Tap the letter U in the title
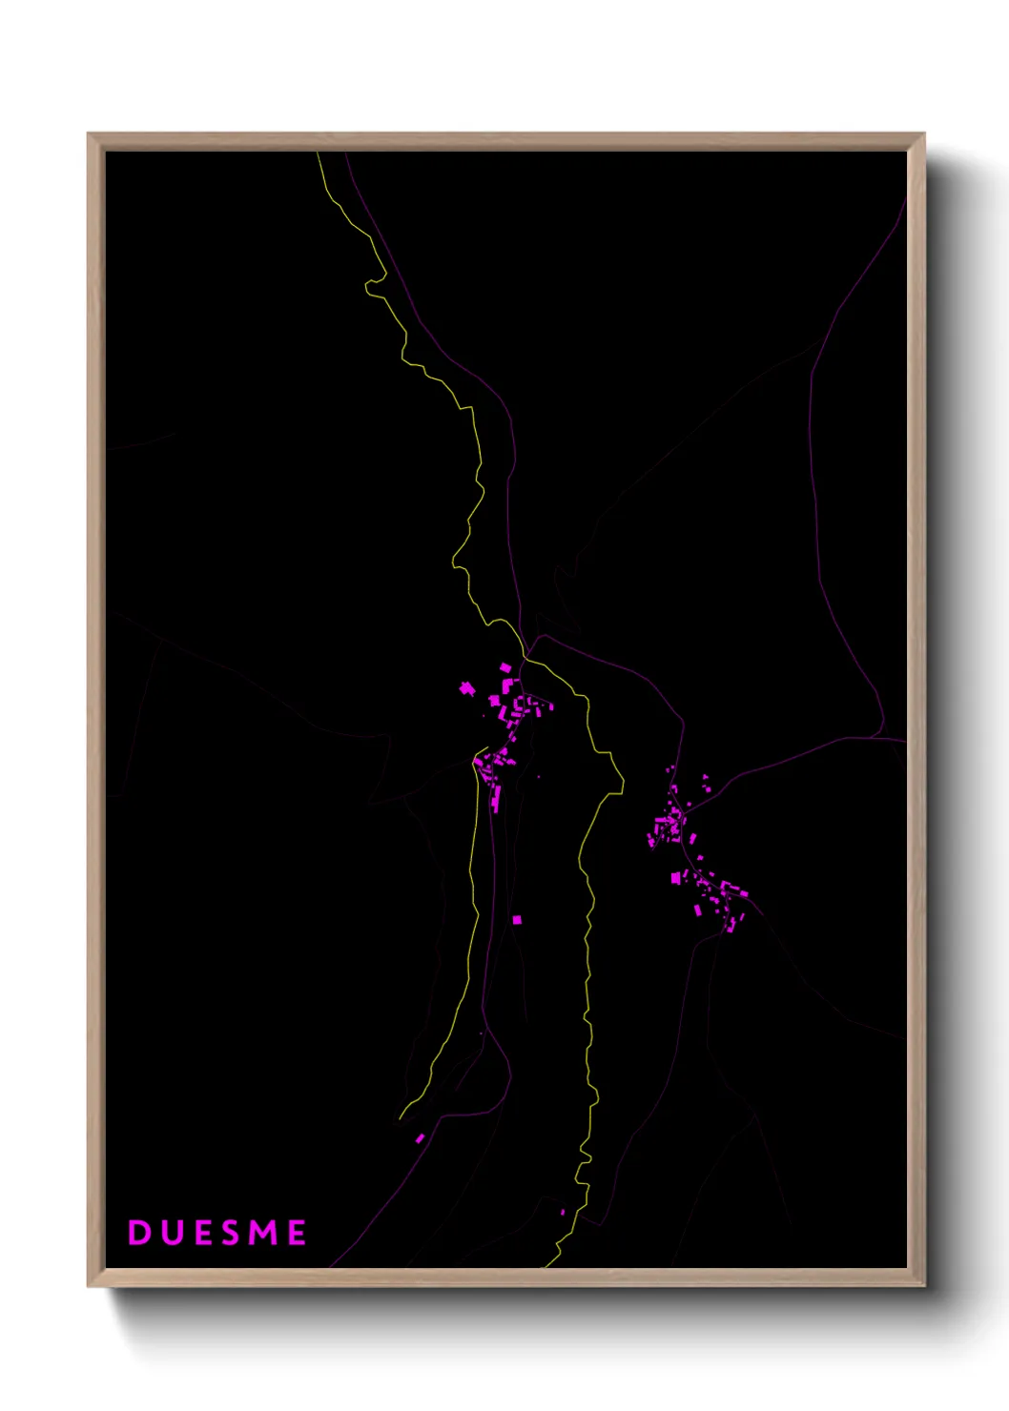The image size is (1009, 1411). (172, 1233)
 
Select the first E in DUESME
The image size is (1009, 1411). (202, 1233)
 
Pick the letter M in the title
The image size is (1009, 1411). (262, 1233)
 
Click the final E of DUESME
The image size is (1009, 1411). (297, 1233)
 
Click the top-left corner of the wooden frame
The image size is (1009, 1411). (89, 134)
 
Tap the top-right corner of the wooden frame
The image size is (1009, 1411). (923, 134)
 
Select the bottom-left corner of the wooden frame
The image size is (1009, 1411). (89, 1285)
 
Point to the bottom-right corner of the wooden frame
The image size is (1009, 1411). (923, 1285)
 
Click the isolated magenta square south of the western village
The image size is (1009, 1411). (517, 920)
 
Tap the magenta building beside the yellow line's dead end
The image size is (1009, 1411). (420, 1138)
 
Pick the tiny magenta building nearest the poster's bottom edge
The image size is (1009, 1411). (563, 1212)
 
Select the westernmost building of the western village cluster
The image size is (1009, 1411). (466, 687)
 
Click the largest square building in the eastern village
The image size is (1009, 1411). (675, 877)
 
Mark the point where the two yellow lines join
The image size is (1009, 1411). (525, 658)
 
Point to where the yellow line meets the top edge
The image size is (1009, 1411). (319, 153)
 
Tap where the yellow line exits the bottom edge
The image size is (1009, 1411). (546, 1267)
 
